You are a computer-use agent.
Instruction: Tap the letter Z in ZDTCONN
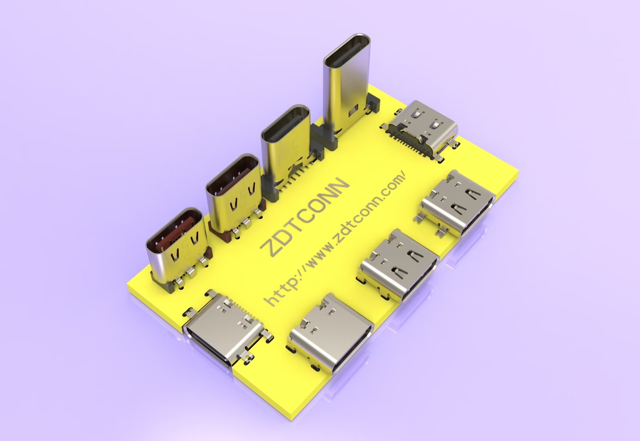tap(270, 248)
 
